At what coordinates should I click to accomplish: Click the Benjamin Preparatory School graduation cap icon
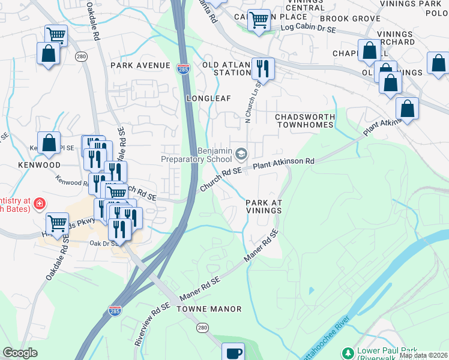coord(241,155)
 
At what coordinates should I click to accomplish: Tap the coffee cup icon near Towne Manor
coord(233,352)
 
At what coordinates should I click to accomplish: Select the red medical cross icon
coord(40,204)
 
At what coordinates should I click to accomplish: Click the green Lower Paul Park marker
coord(347,352)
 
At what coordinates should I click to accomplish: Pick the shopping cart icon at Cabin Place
coord(259,20)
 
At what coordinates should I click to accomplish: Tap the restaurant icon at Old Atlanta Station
coord(263,68)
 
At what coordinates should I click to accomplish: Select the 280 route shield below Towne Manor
coord(202,328)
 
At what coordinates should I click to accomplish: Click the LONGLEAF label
coord(208,98)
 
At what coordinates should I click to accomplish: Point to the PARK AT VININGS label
coord(264,206)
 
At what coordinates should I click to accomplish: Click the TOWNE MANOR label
coord(209,309)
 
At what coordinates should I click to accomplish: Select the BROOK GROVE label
coord(358,19)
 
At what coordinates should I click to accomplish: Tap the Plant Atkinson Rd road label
coord(284,163)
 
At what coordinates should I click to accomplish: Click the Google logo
coord(20,353)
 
